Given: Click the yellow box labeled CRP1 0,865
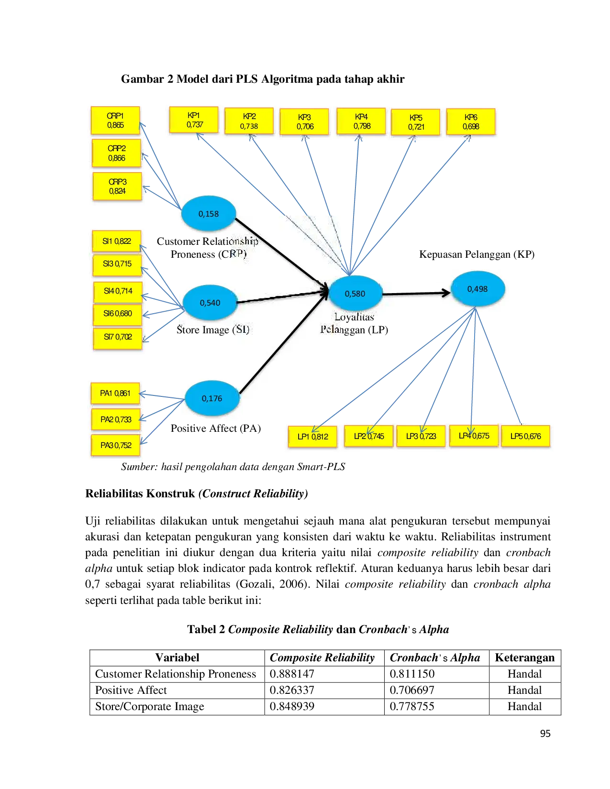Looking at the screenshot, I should pos(115,121).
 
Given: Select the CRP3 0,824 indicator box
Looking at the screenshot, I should pos(117,186).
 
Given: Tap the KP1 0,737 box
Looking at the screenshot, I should pos(194,120).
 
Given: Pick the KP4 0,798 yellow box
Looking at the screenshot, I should pos(361,121).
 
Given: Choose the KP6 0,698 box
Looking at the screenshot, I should pos(471,122).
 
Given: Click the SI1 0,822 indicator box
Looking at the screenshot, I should pos(116,241).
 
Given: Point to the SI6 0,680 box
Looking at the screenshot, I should pos(118,314).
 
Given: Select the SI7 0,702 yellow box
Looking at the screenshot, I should pos(118,337).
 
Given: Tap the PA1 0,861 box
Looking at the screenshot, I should pos(115,394).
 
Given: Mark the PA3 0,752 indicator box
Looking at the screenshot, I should pos(116,445).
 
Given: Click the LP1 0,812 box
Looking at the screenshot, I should pos(313,437).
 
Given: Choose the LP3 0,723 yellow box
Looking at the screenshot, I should pos(421,436).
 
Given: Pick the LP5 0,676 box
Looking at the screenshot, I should pos(525,436).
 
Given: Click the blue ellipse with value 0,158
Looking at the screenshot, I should pos(209,214).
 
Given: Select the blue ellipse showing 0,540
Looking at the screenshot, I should pos(210,303).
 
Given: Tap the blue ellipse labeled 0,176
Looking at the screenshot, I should pos(212,398).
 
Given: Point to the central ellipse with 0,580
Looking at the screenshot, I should pos(355,294).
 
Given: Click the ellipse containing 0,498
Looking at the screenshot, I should pos(477,289).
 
